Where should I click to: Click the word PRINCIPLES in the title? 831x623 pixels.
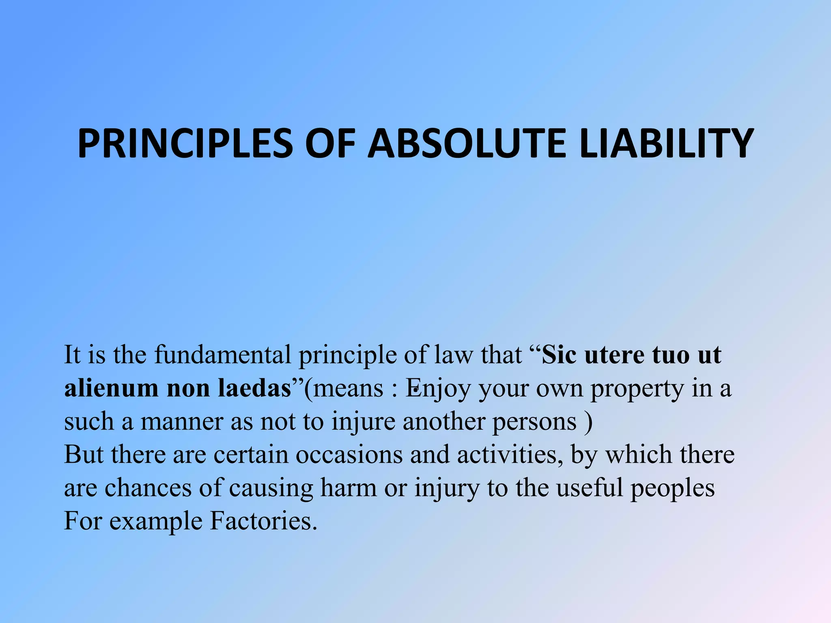pos(185,143)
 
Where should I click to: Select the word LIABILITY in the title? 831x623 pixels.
pos(667,143)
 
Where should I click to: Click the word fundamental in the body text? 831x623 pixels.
pos(222,355)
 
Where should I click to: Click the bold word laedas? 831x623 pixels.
pos(254,388)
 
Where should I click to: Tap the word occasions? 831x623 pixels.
pos(349,455)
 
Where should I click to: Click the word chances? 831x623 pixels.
pos(148,488)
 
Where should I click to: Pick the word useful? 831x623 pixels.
pos(589,488)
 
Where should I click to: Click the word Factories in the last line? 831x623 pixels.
pos(263,521)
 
